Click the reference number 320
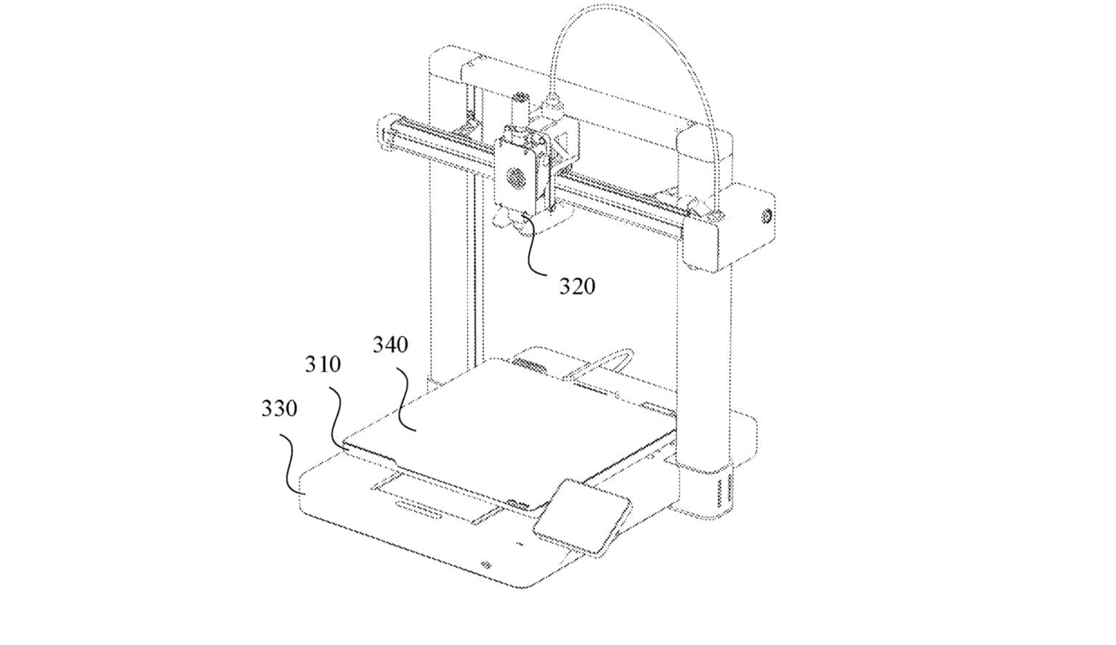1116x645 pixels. (577, 287)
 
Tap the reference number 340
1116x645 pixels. (391, 345)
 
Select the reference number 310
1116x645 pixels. (323, 364)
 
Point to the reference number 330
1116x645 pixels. (279, 408)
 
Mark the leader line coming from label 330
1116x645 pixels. (291, 463)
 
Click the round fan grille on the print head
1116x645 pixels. (516, 177)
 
